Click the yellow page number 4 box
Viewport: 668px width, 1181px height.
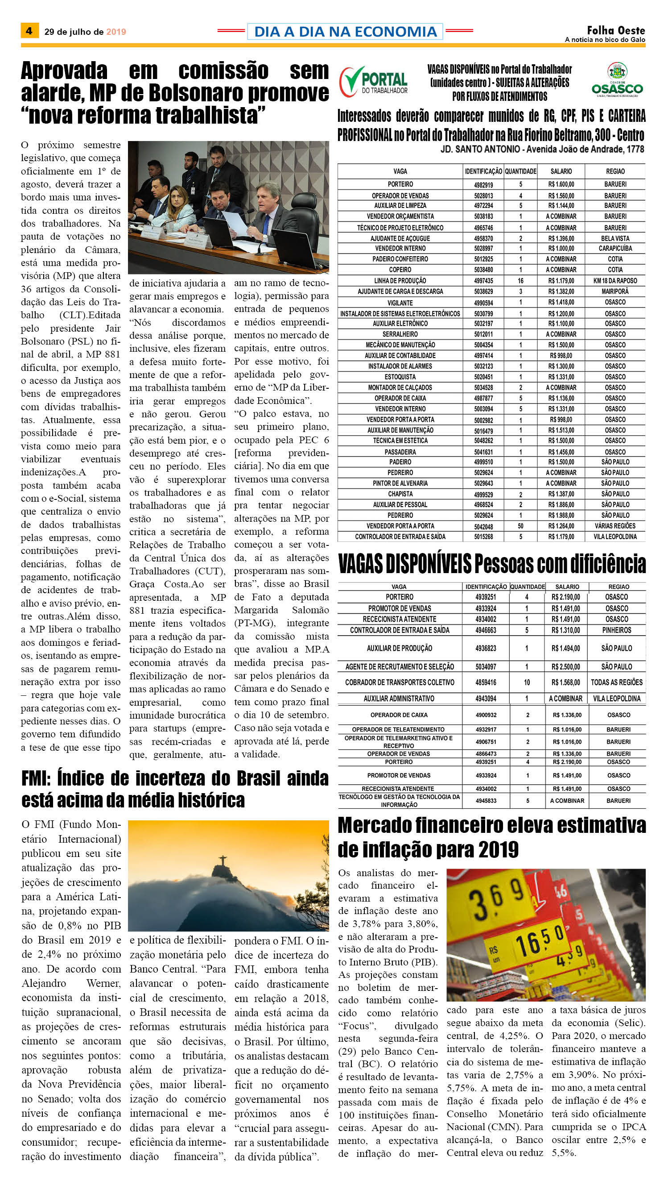(x=29, y=31)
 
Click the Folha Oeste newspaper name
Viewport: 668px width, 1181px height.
(x=616, y=30)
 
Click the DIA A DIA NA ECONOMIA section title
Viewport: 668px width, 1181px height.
(x=345, y=31)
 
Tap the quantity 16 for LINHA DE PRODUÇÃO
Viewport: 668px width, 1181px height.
(x=520, y=281)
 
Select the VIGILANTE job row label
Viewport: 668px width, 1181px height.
(x=400, y=303)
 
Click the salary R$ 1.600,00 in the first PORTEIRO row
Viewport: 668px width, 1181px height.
(x=561, y=185)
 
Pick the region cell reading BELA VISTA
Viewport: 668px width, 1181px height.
(x=615, y=238)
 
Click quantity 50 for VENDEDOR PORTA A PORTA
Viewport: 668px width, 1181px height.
(x=520, y=526)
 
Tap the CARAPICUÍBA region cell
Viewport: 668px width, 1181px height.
(x=615, y=249)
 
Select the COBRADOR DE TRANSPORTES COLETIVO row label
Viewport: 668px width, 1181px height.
(x=400, y=682)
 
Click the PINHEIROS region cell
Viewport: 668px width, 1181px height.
(x=617, y=630)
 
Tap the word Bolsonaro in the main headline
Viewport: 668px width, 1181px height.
(x=196, y=93)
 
